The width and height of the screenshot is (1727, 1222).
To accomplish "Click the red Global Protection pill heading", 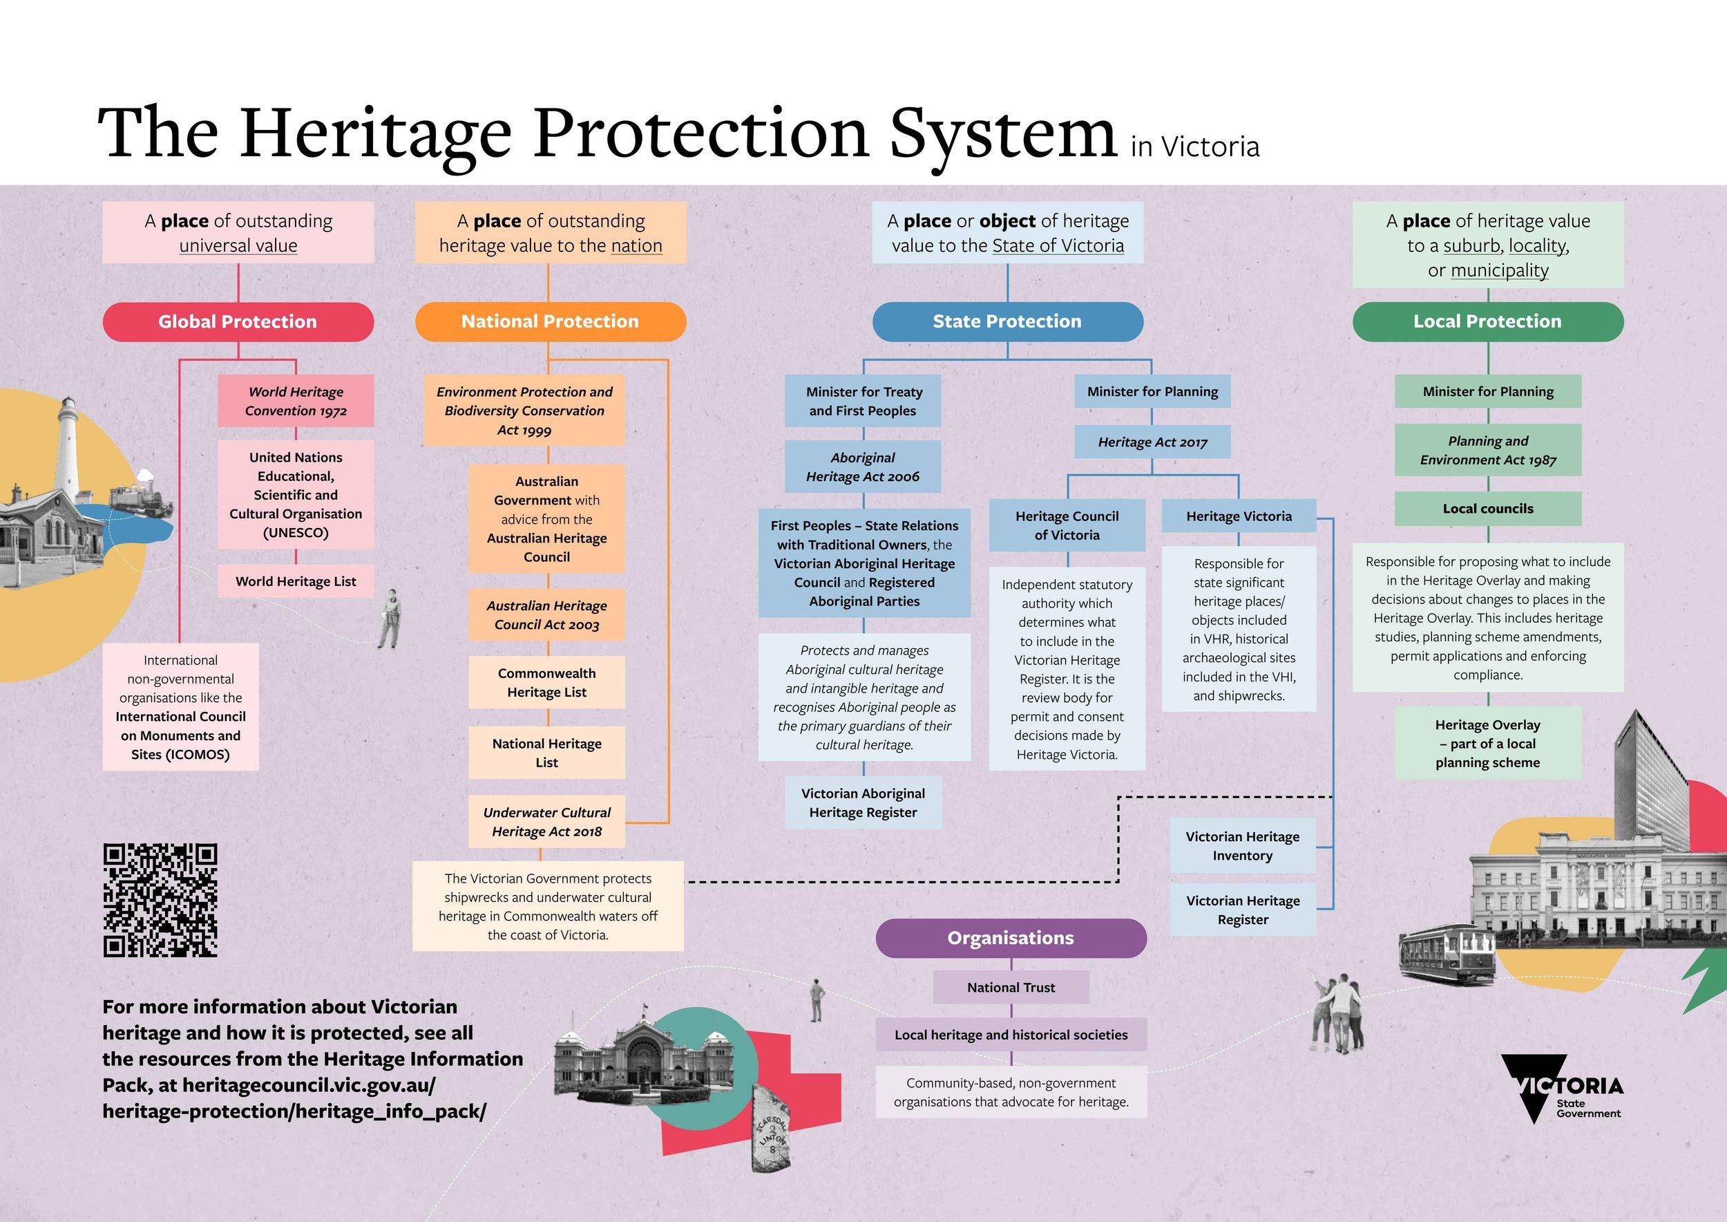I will [x=238, y=322].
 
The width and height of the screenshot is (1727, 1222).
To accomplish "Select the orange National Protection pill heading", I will [x=550, y=322].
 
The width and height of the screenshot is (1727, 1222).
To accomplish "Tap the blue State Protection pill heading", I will [x=1007, y=322].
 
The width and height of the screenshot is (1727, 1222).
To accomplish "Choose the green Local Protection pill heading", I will [x=1487, y=322].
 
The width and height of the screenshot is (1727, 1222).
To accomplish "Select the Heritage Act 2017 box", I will [x=1152, y=442].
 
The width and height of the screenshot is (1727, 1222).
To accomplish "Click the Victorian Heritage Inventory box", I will [x=1243, y=846].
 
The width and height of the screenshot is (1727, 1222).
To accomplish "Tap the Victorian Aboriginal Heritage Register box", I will [x=863, y=803].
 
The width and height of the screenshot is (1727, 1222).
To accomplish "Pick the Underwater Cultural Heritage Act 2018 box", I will [x=547, y=822].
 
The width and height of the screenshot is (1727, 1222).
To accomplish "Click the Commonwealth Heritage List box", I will [x=547, y=682].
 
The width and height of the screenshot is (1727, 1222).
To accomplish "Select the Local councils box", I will [x=1487, y=509].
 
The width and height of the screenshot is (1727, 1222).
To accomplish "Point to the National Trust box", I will [x=1010, y=987].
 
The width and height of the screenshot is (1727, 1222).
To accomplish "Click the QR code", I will [x=160, y=900].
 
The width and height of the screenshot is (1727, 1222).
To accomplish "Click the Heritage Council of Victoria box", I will [x=1067, y=525].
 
